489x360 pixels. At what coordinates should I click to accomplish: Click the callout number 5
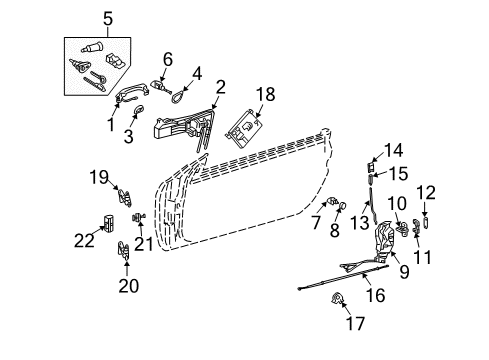pyautogui.click(x=108, y=19)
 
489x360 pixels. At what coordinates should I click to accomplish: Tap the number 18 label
pyautogui.click(x=266, y=94)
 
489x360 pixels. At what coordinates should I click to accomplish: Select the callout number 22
pyautogui.click(x=84, y=240)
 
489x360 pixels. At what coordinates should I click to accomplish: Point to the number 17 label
pyautogui.click(x=355, y=323)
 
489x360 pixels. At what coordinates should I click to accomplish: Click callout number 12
pyautogui.click(x=426, y=193)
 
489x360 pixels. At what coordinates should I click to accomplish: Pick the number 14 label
pyautogui.click(x=394, y=150)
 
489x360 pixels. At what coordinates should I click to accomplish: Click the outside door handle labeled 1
pyautogui.click(x=131, y=92)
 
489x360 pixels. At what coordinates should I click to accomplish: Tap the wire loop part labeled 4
pyautogui.click(x=178, y=95)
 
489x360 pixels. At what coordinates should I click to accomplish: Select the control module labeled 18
pyautogui.click(x=245, y=127)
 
